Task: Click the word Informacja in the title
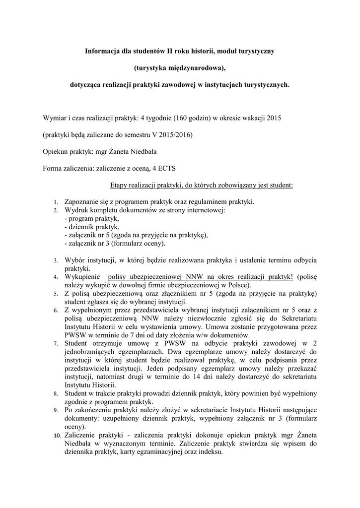click(x=103, y=51)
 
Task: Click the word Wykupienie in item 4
click(x=82, y=276)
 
